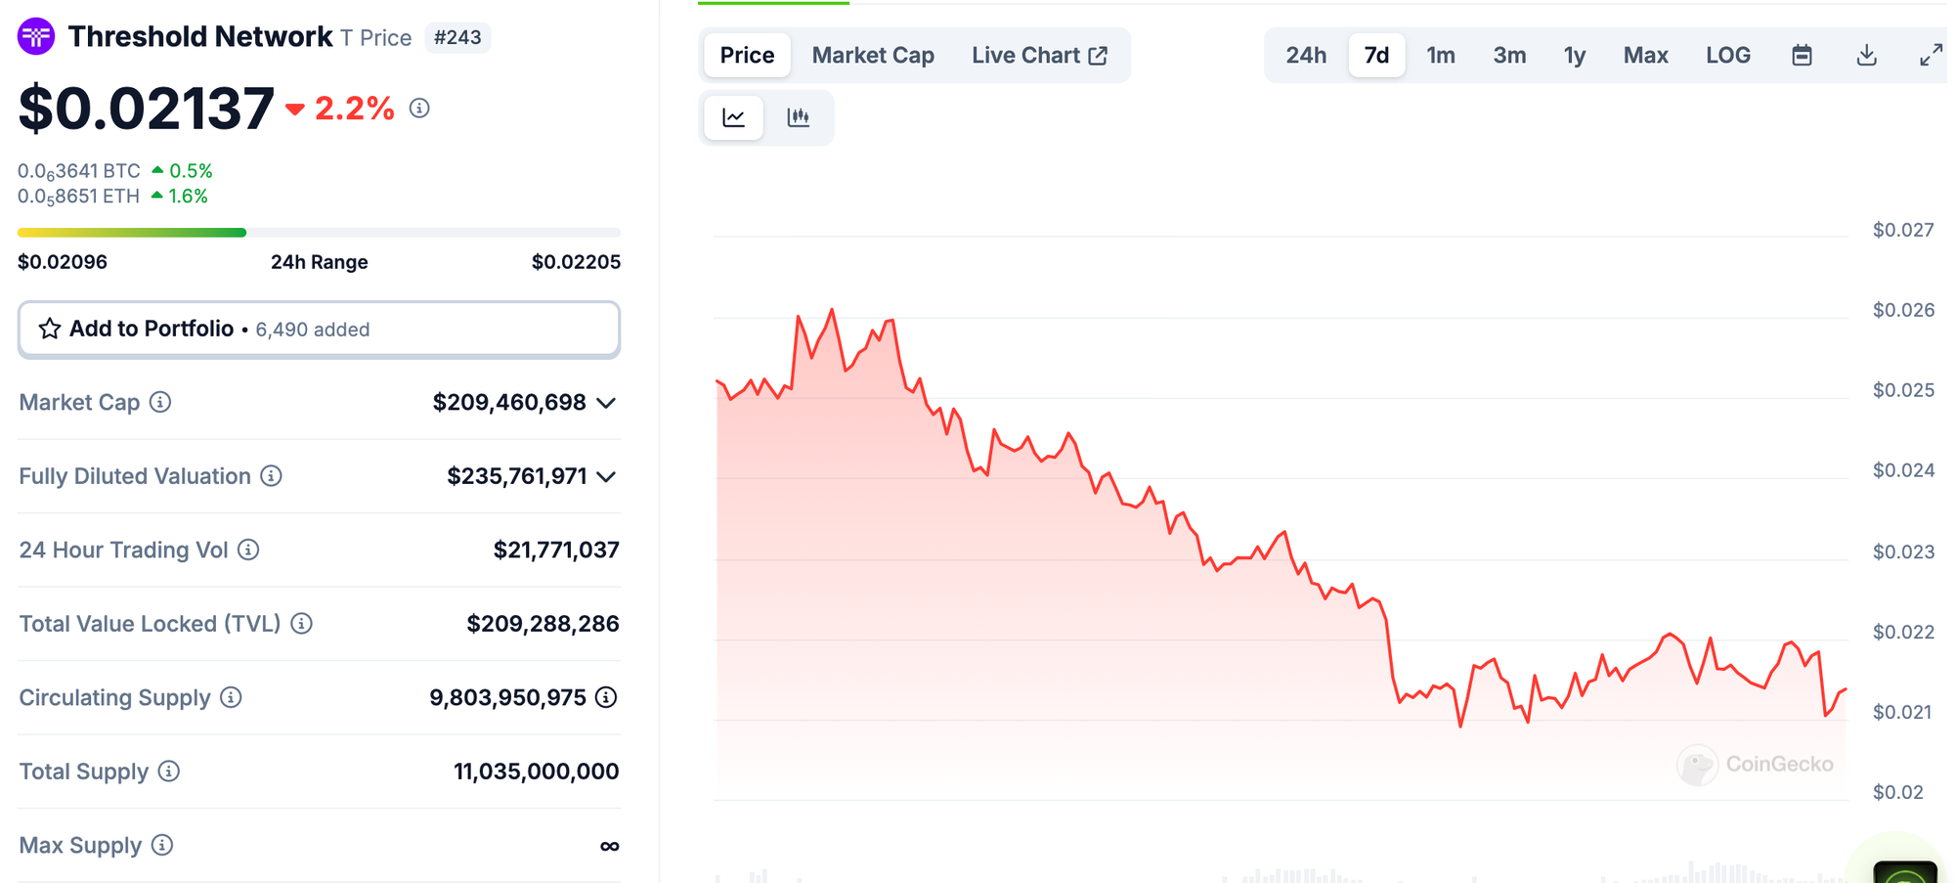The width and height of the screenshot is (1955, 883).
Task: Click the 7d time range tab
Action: point(1376,56)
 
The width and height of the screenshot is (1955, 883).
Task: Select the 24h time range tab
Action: point(1306,56)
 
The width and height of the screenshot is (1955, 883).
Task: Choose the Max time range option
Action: point(1645,56)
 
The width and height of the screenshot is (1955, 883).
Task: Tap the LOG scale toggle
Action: point(1727,56)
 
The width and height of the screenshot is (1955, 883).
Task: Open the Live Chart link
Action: point(1039,56)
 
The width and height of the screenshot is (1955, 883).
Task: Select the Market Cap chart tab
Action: point(873,56)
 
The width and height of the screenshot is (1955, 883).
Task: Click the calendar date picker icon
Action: point(1802,56)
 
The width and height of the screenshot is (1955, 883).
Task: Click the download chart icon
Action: point(1866,56)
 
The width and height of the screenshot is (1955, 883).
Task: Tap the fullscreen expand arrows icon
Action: point(1931,56)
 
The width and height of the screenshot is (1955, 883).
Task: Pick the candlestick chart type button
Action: point(799,117)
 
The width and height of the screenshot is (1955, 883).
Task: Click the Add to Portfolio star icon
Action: point(50,329)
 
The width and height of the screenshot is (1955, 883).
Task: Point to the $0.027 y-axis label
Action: point(1902,230)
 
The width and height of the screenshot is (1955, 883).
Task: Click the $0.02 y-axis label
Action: point(1897,792)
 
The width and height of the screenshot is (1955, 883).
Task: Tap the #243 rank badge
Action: point(457,37)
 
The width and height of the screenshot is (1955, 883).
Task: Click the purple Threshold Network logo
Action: point(36,37)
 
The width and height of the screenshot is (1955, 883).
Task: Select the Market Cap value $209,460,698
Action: point(509,403)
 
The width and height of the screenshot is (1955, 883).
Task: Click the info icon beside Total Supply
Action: point(169,772)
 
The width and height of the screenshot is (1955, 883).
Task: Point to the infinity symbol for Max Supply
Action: point(609,846)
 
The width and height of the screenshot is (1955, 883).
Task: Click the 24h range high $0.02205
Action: point(576,262)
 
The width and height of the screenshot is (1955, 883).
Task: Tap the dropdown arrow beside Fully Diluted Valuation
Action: point(606,477)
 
